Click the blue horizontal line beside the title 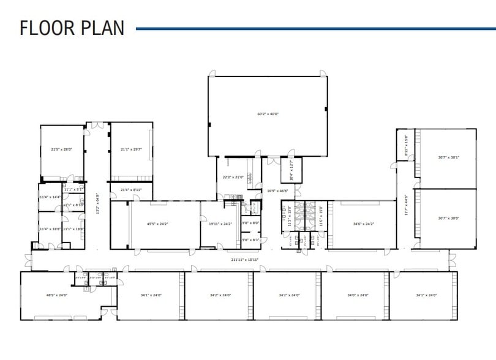tap(315, 28)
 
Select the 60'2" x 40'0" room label tap(268, 114)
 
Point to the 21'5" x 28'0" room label tap(61, 149)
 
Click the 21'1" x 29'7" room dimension tap(130, 149)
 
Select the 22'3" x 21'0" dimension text tap(233, 178)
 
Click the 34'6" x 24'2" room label tap(363, 224)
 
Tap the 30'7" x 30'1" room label tap(448, 157)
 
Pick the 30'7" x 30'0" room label tap(448, 219)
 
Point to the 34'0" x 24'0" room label tap(356, 296)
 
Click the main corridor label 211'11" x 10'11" tap(246, 260)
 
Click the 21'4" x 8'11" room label tap(131, 190)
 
